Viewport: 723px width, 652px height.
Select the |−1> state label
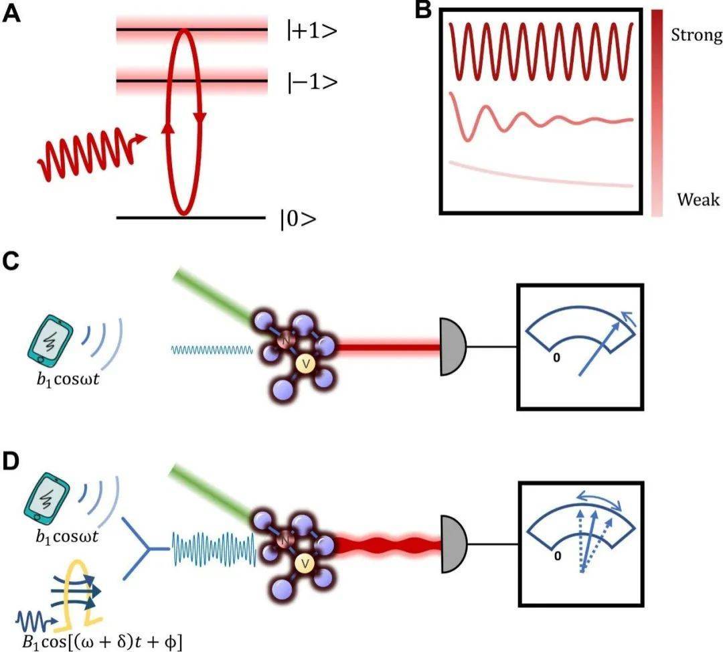pyautogui.click(x=307, y=82)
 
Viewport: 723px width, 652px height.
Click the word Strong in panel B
pyautogui.click(x=696, y=35)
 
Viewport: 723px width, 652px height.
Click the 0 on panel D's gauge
pyautogui.click(x=556, y=555)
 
